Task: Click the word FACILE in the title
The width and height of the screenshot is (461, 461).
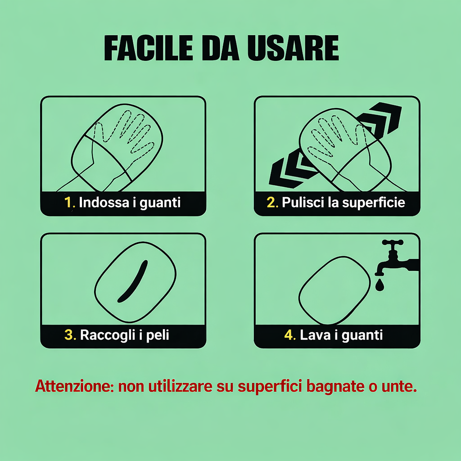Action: coord(149,48)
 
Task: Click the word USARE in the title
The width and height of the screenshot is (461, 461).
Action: coord(293,48)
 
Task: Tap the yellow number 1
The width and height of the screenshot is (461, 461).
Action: coord(69,202)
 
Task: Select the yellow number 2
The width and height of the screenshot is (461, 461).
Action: coord(272,202)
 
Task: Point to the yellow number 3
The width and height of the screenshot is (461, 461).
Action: coord(70,335)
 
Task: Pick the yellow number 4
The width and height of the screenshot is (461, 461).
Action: coord(290,335)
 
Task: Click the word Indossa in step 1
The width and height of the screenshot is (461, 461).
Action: coord(104,202)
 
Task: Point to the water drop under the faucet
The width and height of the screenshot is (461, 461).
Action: coord(380,285)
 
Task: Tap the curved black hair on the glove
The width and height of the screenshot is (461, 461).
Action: coord(133,281)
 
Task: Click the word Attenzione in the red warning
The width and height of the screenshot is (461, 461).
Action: coord(74,386)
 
